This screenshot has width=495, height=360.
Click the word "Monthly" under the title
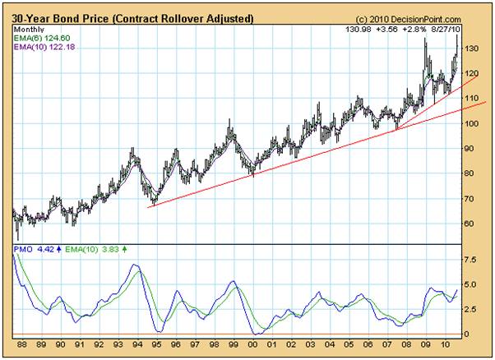click(29, 29)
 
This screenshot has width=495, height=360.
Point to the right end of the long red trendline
click(486, 102)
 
